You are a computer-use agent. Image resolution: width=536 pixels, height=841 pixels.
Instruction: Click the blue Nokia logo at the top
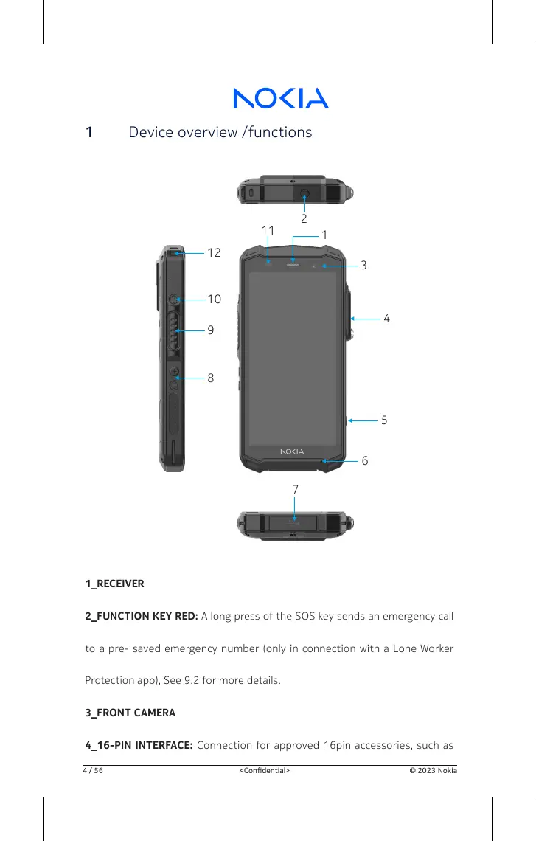[x=281, y=98]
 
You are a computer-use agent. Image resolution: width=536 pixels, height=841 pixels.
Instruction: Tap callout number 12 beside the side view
[x=214, y=253]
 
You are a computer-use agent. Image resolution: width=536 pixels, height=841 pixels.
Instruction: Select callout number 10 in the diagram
[x=214, y=300]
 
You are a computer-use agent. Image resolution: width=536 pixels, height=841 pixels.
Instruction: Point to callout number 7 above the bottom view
[x=295, y=489]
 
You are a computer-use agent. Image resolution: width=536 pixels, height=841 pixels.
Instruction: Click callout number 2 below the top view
[x=304, y=219]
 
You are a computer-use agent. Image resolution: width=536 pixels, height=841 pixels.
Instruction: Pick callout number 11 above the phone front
[x=268, y=231]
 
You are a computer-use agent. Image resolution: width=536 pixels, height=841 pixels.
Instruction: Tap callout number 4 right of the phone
[x=386, y=319]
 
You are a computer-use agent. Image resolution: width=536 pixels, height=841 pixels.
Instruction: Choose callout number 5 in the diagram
[x=384, y=420]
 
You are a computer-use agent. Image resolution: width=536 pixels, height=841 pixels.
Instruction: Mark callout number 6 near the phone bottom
[x=365, y=461]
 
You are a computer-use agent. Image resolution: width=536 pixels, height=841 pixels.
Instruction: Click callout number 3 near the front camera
[x=364, y=265]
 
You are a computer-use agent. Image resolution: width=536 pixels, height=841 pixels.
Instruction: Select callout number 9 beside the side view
[x=211, y=331]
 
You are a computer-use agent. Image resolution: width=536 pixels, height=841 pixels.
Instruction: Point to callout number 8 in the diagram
[x=211, y=378]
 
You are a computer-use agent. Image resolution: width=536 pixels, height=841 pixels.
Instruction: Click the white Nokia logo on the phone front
[x=293, y=451]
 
